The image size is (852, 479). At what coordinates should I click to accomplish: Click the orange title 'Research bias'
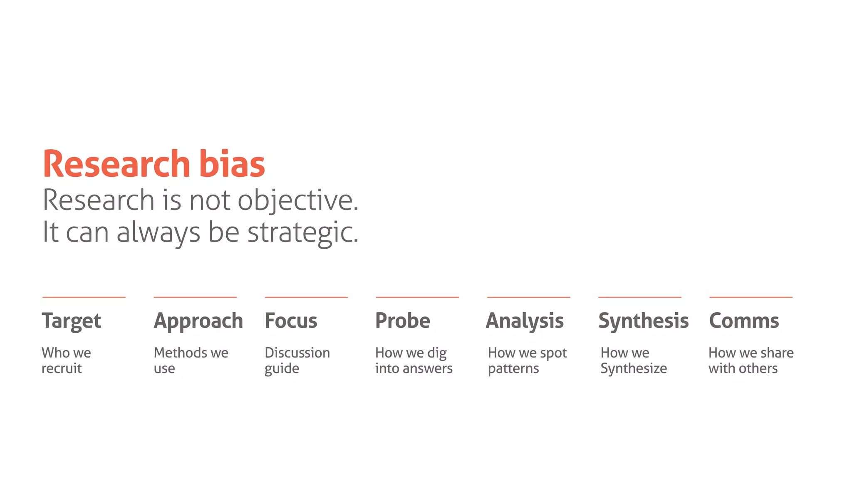point(154,164)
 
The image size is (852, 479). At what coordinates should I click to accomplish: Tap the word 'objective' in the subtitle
point(297,200)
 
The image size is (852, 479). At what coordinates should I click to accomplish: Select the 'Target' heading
point(71,321)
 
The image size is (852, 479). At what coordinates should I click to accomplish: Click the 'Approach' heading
point(198,321)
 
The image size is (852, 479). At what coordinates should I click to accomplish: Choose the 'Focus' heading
point(291,321)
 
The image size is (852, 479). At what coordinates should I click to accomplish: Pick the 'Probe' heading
point(403,321)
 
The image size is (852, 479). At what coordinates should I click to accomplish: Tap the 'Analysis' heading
point(525,321)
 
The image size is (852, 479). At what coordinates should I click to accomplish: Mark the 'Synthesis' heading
point(643,321)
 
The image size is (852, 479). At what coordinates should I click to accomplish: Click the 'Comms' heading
point(744,321)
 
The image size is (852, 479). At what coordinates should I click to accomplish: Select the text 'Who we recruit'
point(66,360)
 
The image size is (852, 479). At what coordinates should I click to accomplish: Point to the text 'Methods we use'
point(191,360)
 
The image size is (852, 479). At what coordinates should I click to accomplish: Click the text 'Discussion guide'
point(297,360)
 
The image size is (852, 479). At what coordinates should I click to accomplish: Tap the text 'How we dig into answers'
point(414,360)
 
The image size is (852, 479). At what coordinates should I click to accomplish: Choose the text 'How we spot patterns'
point(527,360)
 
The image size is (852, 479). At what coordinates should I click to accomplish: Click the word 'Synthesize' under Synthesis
point(634,368)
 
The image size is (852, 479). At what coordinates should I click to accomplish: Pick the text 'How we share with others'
point(751,360)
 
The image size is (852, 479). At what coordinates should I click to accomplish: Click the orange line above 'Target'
point(84,297)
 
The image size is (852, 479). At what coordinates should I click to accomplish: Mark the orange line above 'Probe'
point(417,297)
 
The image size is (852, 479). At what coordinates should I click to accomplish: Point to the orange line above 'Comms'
point(751,297)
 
